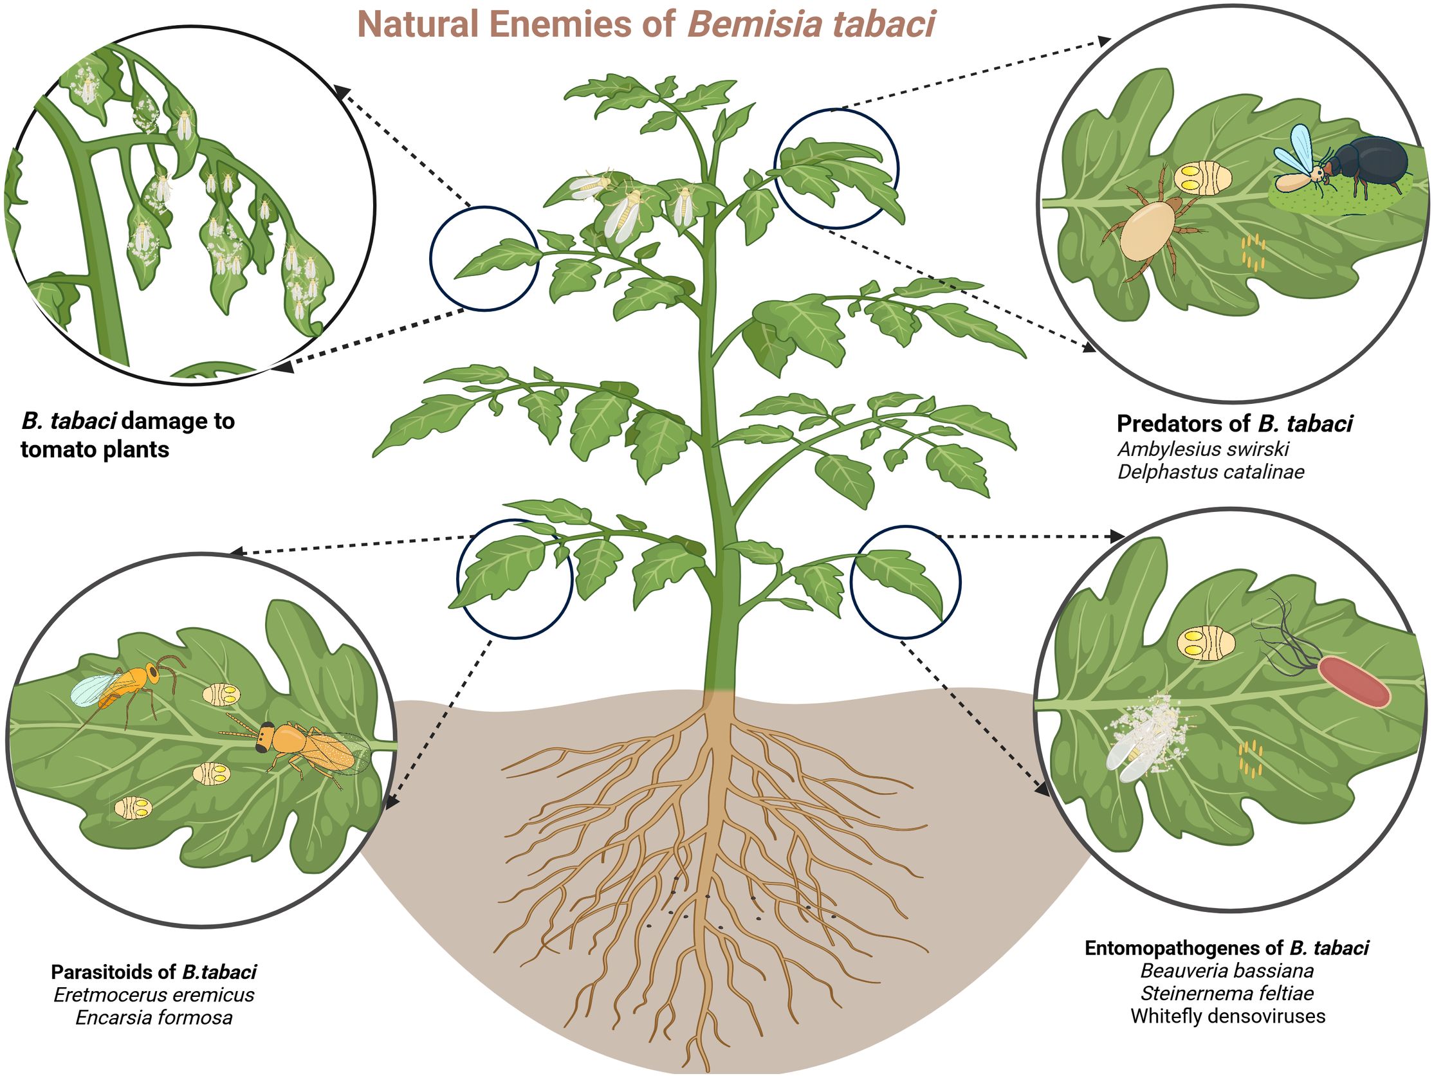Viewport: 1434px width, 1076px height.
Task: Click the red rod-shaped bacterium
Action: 1355,681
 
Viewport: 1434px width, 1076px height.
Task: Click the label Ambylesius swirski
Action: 1203,448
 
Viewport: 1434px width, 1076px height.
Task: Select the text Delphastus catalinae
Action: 1210,471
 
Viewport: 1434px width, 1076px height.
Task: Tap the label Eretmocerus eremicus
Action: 154,994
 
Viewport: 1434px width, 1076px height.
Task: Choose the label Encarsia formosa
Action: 154,1017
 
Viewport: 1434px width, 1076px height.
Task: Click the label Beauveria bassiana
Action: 1227,971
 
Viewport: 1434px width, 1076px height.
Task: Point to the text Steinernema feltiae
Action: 1227,993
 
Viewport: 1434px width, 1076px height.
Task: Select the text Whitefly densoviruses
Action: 1227,1016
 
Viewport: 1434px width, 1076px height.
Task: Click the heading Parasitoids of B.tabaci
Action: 154,972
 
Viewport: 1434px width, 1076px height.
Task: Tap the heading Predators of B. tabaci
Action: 1235,423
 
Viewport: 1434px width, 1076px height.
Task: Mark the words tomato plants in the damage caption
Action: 95,449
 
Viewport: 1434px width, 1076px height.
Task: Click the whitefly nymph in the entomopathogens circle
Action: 1206,643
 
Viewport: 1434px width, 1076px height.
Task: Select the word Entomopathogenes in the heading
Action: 1173,948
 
